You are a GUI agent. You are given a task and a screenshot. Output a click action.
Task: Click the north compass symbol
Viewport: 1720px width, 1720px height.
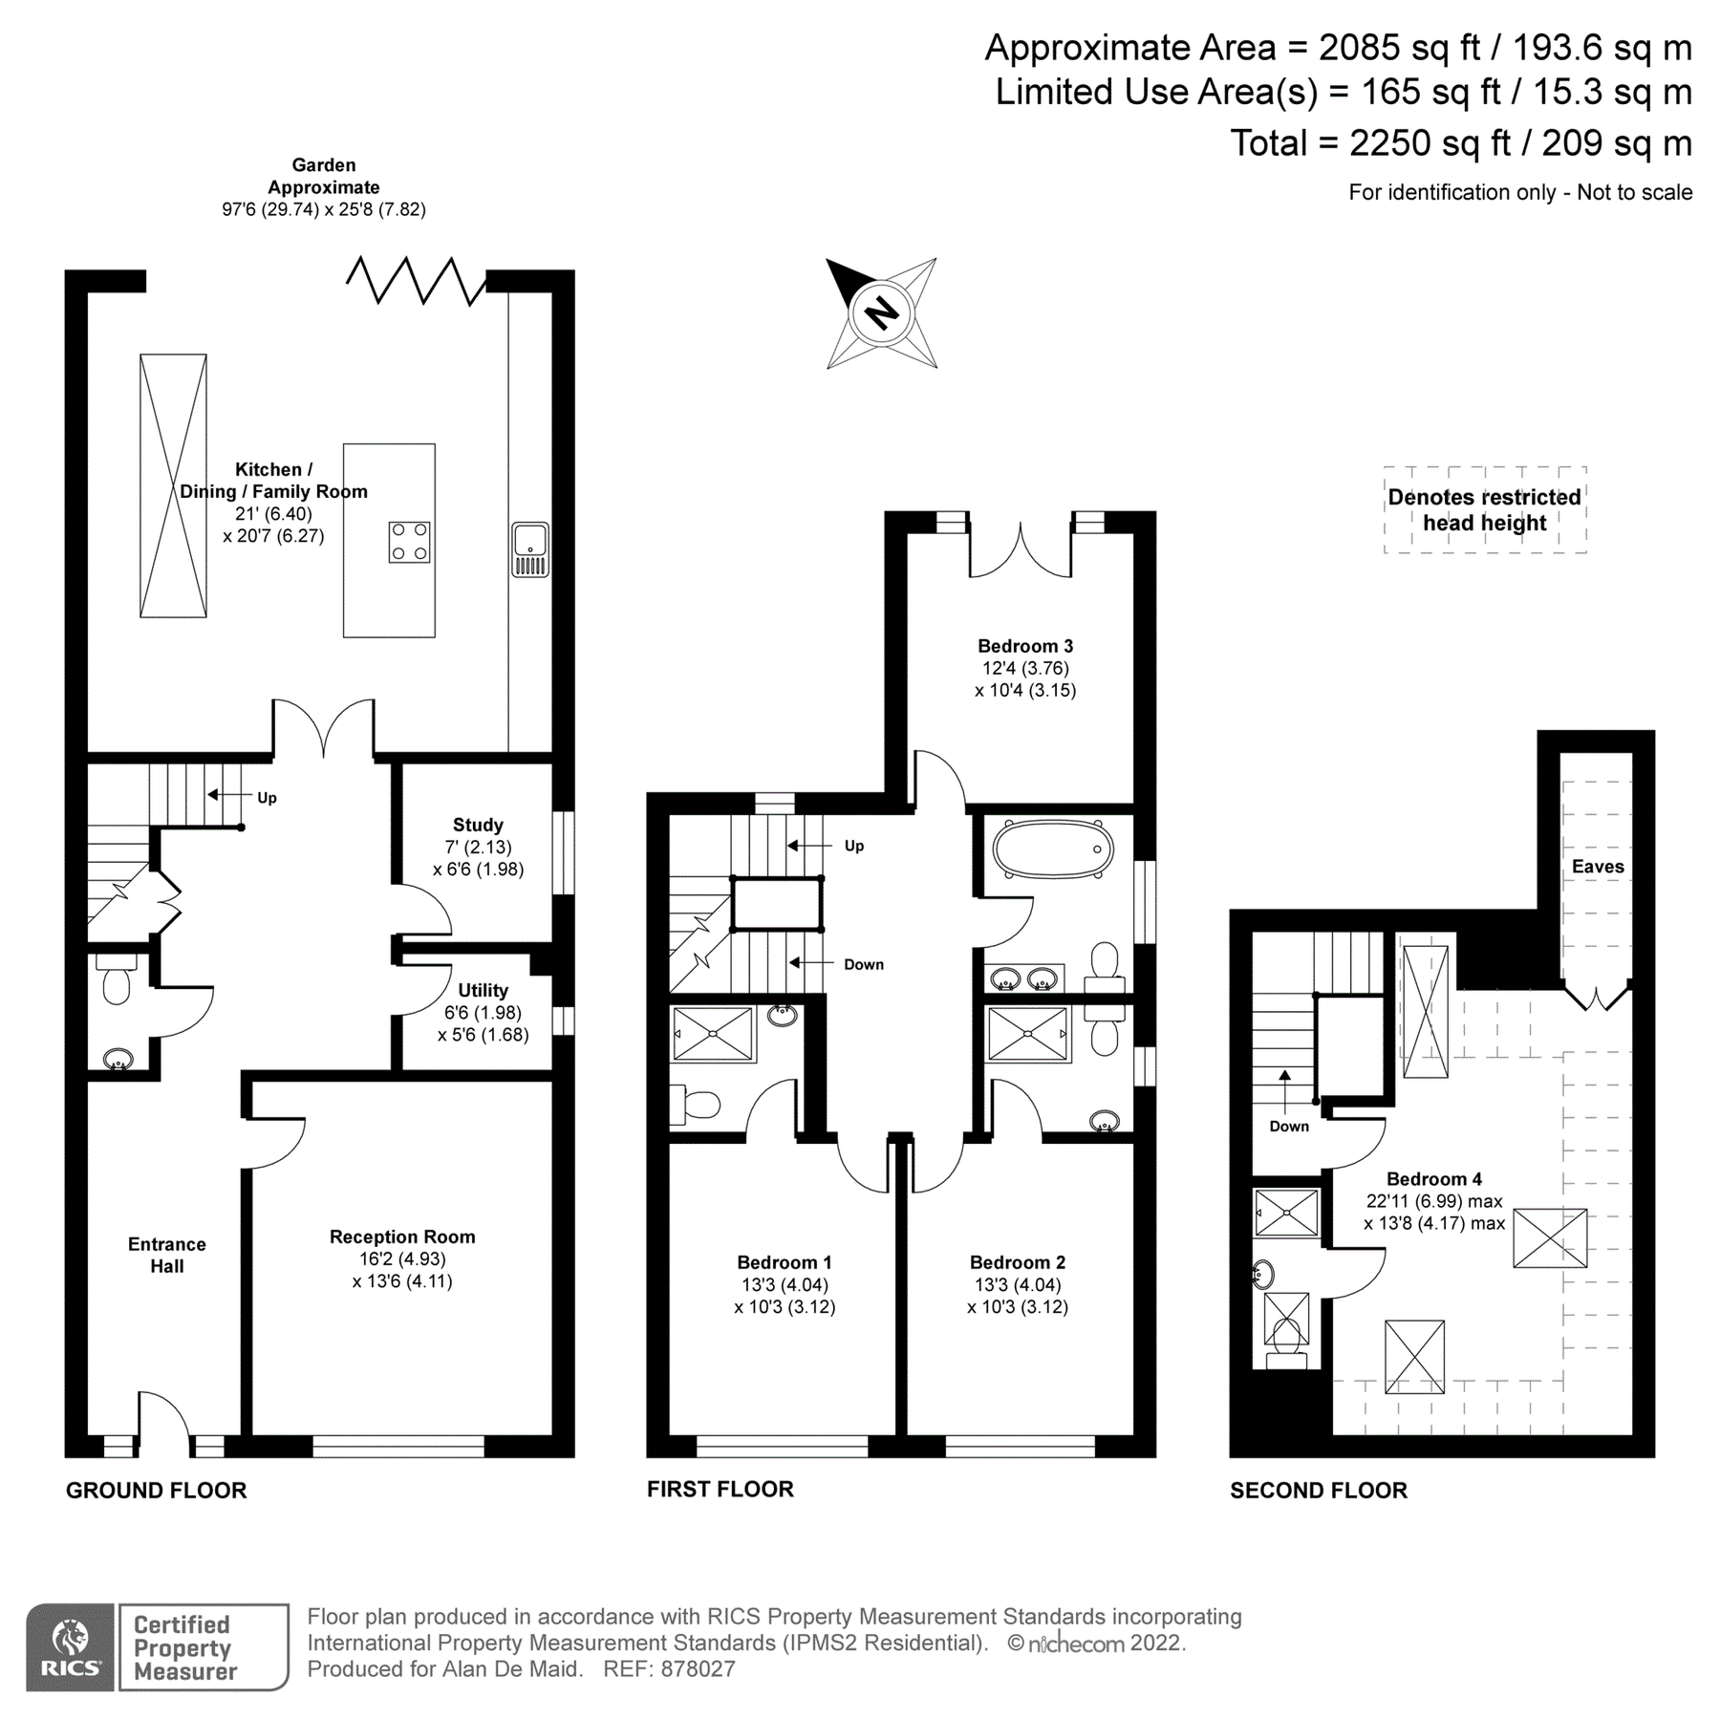point(881,313)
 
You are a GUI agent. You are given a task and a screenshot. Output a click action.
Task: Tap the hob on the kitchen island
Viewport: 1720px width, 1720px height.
point(409,542)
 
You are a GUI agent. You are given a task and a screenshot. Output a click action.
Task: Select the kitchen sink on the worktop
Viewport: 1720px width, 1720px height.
point(530,549)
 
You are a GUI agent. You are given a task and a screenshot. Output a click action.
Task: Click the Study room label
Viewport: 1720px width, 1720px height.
point(478,826)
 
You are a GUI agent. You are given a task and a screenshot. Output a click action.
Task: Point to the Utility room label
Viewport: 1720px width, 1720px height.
point(483,991)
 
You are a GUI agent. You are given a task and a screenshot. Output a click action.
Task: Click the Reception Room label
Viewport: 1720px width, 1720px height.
point(402,1237)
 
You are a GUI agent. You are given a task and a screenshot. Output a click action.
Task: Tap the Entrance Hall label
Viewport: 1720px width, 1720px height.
point(167,1255)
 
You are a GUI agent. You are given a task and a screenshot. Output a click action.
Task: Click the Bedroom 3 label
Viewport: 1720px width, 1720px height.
point(1025,647)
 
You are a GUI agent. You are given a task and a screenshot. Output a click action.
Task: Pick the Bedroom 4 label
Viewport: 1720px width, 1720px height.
point(1434,1179)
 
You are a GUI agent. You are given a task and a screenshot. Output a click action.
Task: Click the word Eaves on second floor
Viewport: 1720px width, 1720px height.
point(1598,867)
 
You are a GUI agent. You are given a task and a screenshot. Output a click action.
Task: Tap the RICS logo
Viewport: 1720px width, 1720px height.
point(71,1647)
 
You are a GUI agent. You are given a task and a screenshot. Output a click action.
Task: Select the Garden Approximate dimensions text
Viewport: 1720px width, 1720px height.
point(324,209)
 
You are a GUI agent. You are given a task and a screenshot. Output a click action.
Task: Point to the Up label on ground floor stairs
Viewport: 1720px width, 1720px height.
point(267,798)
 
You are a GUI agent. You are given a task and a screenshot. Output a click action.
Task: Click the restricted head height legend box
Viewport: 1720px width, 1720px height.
point(1484,510)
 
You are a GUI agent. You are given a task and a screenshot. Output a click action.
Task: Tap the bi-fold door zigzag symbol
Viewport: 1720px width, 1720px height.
point(415,280)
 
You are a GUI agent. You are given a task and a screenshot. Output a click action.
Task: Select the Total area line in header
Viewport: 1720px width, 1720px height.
point(1460,143)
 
